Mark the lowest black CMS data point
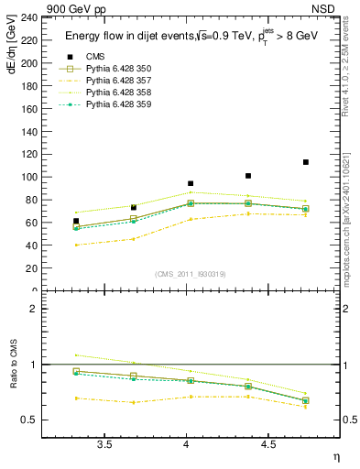[76, 221]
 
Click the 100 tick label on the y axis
[29, 177]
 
